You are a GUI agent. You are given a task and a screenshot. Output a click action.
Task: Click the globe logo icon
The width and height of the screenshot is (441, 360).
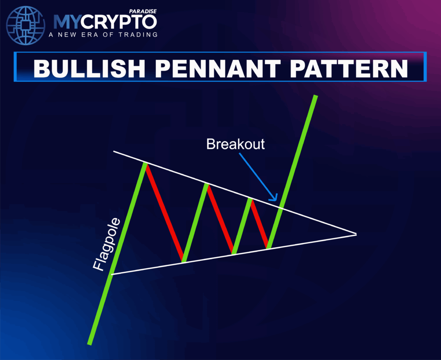click(25, 25)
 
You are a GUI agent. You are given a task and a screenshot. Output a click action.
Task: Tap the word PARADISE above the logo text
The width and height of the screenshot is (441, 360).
click(143, 11)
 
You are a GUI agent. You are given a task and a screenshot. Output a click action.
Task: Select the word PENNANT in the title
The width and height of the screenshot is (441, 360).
click(218, 68)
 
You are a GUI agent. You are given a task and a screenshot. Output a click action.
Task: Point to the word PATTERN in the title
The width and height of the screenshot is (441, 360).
click(349, 68)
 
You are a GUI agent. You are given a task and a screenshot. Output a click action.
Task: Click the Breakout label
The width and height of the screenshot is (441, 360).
click(236, 144)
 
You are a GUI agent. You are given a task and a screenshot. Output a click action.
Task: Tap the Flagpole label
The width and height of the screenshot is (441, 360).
click(107, 245)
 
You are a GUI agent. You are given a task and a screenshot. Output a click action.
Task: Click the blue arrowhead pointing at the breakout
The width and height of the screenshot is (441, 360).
click(274, 198)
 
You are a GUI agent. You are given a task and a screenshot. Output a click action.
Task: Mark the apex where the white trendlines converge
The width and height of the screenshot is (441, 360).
click(356, 234)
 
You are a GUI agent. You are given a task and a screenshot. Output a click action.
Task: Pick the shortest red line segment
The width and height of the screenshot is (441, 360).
click(259, 224)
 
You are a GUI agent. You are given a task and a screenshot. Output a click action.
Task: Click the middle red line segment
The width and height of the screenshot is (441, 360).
click(220, 219)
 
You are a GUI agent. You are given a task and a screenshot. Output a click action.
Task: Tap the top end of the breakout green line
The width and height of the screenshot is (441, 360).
click(316, 96)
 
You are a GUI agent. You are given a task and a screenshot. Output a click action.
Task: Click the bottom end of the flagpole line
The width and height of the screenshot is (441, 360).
click(90, 344)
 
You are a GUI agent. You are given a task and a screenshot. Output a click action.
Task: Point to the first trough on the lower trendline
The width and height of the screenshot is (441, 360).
click(183, 261)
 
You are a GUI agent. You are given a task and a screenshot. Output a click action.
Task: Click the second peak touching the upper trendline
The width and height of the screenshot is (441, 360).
click(206, 185)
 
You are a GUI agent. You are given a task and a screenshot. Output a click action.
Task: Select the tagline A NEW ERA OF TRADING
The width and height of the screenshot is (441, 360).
click(103, 34)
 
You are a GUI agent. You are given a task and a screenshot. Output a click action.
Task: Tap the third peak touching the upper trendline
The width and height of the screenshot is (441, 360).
click(250, 199)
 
